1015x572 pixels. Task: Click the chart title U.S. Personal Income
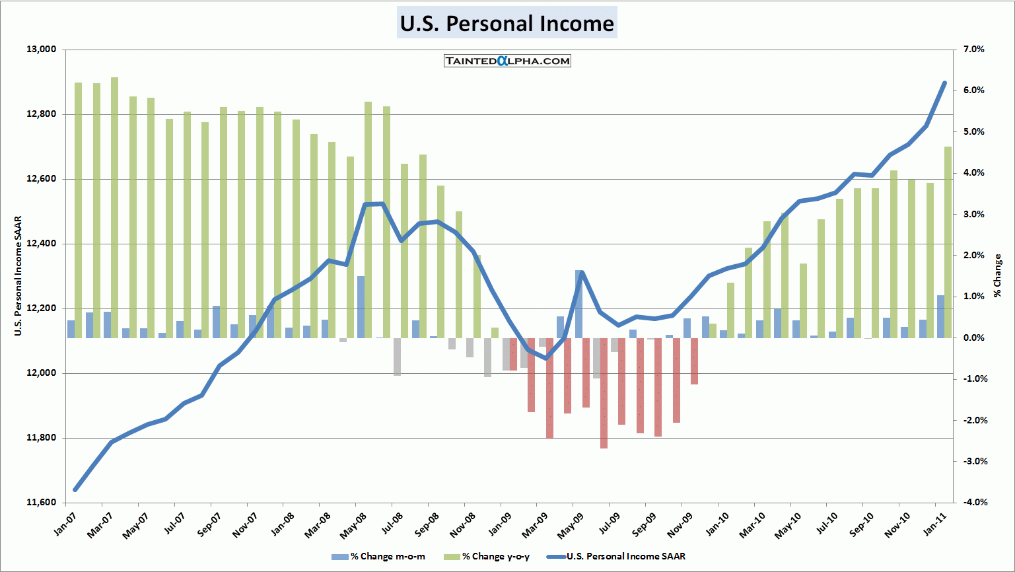[x=507, y=23]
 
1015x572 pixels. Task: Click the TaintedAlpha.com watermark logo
[x=507, y=61]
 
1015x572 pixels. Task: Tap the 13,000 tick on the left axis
[x=42, y=50]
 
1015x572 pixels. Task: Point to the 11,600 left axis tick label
[x=42, y=503]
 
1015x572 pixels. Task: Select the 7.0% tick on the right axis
[x=973, y=50]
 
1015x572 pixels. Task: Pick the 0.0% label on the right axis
[x=973, y=338]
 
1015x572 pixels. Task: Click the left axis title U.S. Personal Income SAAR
[x=18, y=276]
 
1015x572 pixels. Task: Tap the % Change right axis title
[x=997, y=275]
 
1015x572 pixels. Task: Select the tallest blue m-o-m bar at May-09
[x=578, y=304]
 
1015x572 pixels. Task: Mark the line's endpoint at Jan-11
[x=944, y=83]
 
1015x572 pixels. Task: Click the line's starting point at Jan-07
[x=75, y=489]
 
